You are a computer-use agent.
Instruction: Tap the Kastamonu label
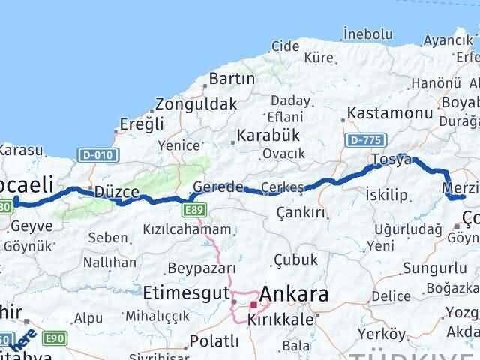click(x=389, y=113)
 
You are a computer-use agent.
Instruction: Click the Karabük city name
click(x=268, y=135)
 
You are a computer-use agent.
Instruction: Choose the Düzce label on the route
click(x=117, y=192)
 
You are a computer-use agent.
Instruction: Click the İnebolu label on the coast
click(x=367, y=34)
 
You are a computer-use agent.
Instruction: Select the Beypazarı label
click(x=202, y=268)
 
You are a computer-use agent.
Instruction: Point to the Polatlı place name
click(x=214, y=341)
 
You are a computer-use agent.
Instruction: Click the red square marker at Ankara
click(x=253, y=305)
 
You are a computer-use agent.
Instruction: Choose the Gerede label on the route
click(x=217, y=187)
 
